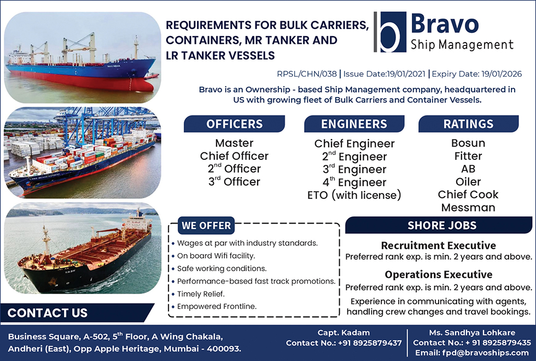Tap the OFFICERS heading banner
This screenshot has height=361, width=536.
point(234,124)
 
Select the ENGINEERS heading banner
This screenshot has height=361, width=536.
point(354,124)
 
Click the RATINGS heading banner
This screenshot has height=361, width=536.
point(468,124)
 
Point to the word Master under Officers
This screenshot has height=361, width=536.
point(234,143)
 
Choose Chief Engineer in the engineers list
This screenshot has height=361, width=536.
point(354,144)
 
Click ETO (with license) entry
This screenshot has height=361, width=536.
point(354,195)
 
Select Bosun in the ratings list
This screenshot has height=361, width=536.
point(468,143)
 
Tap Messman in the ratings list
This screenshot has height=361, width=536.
point(468,207)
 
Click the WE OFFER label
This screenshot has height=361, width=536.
point(206,225)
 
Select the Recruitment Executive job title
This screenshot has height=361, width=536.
point(439,245)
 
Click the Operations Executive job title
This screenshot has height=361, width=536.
point(439,274)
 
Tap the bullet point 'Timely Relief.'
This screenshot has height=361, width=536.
point(201,294)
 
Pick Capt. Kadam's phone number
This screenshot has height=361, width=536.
point(370,343)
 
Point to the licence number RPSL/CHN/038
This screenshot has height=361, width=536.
point(307,73)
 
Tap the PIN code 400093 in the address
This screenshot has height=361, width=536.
point(224,348)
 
